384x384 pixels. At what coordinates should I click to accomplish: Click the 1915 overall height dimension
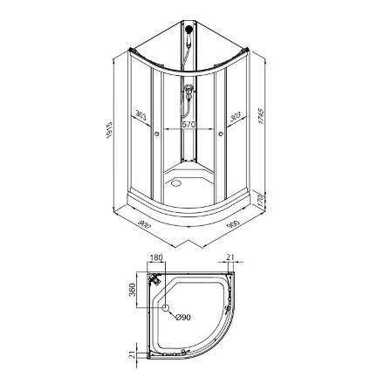(109, 129)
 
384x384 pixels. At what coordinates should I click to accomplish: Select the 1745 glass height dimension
(261, 116)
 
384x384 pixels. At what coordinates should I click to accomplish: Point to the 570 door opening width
(189, 125)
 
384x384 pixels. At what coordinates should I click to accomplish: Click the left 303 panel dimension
(141, 116)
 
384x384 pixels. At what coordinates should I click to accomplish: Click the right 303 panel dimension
(236, 116)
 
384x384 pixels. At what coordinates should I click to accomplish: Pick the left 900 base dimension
(144, 224)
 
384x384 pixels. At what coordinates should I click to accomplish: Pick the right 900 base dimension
(233, 224)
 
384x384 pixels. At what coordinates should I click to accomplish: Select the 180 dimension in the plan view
(156, 257)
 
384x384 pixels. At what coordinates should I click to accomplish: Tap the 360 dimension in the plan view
(133, 290)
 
